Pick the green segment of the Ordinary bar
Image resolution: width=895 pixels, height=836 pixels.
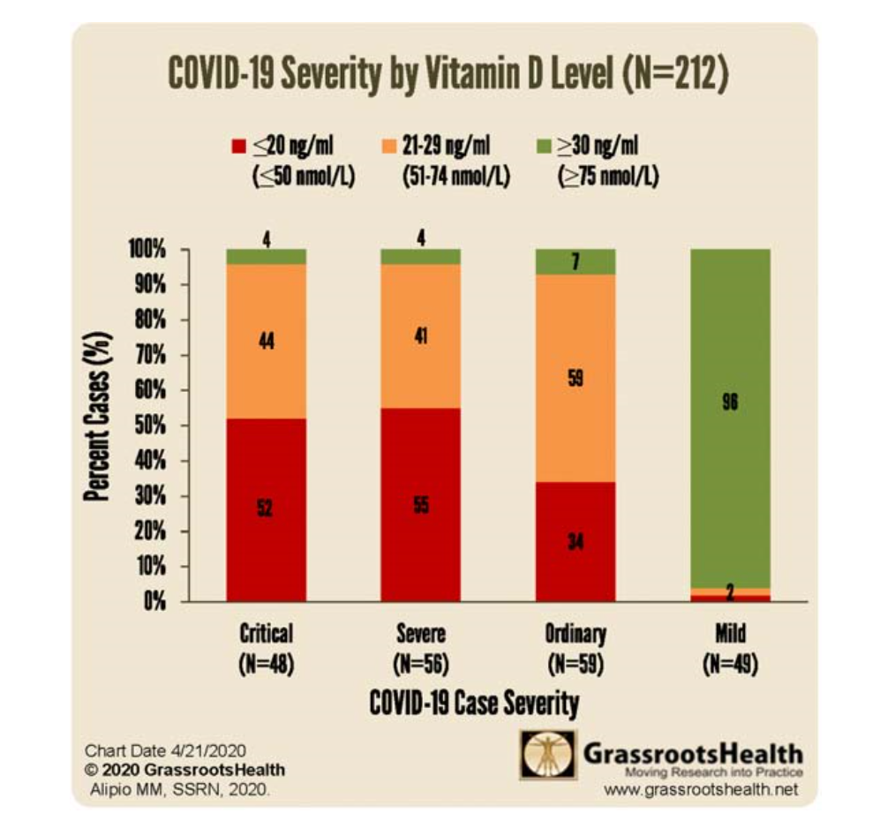pyautogui.click(x=575, y=261)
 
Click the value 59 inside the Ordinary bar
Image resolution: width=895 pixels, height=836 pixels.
pyautogui.click(x=575, y=378)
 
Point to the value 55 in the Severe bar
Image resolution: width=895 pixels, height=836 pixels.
pyautogui.click(x=421, y=505)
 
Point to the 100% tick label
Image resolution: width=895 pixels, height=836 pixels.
pyautogui.click(x=146, y=250)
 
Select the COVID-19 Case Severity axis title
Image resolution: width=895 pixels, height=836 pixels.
pyautogui.click(x=474, y=704)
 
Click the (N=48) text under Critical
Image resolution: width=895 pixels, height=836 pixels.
pyautogui.click(x=266, y=662)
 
